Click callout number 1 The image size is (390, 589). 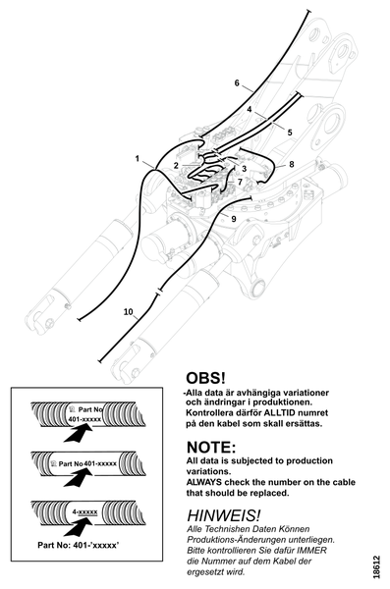tap(138, 159)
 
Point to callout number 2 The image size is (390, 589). tap(176, 166)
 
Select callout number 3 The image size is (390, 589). tap(244, 169)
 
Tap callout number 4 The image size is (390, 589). tap(250, 109)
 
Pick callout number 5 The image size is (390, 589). tap(290, 133)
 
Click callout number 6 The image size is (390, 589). tap(237, 82)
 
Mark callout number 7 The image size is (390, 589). tap(240, 182)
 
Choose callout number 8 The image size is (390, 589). tap(292, 164)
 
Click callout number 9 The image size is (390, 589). tap(234, 219)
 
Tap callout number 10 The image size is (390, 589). tap(129, 312)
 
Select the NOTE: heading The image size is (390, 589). tap(211, 447)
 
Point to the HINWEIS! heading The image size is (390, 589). tap(223, 514)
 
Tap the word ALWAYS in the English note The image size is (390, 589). tap(203, 482)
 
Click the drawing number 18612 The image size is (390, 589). tap(376, 566)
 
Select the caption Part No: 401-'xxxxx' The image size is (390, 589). tap(79, 545)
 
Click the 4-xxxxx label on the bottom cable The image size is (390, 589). tap(84, 512)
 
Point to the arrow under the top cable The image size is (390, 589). tap(78, 432)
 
